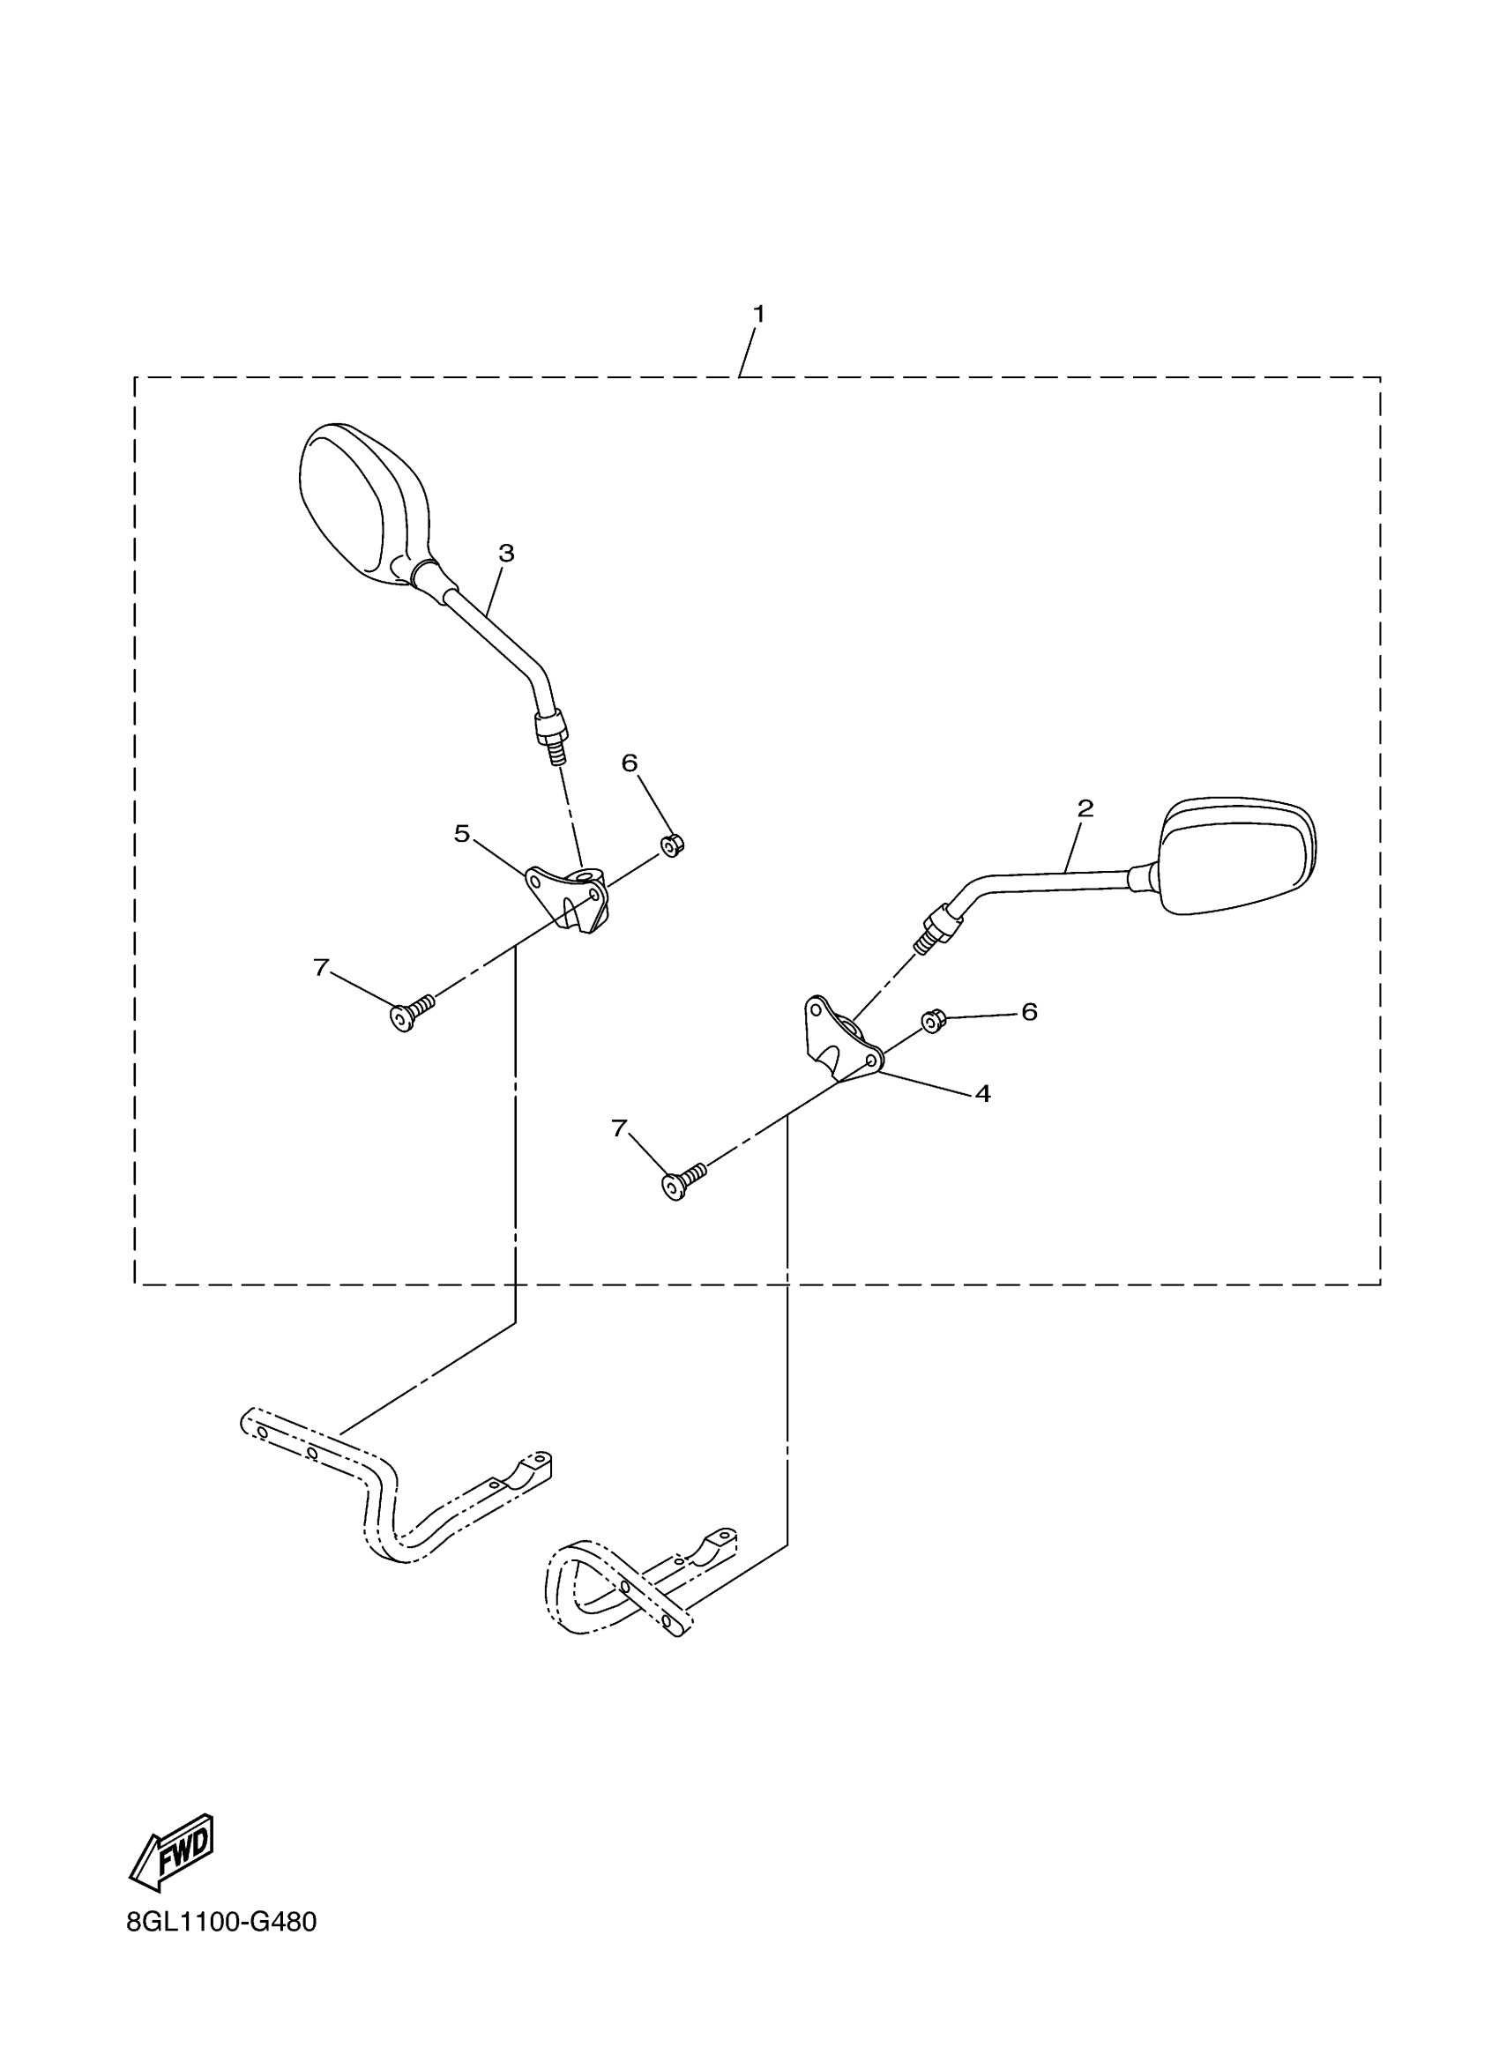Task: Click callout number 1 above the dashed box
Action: tap(758, 314)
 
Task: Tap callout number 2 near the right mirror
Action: tap(1085, 808)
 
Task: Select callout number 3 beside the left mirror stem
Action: tap(506, 553)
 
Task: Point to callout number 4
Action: tap(982, 1093)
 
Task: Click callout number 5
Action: tap(463, 833)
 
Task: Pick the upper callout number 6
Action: tap(630, 763)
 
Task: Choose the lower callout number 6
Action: tap(1029, 1011)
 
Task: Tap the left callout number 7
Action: tap(320, 968)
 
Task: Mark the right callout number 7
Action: tap(620, 1128)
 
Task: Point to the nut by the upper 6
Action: tap(673, 845)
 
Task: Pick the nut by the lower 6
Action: tap(931, 1021)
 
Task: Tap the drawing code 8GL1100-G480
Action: tap(221, 1922)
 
